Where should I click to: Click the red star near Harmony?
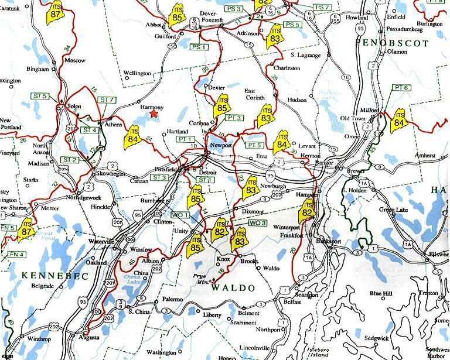[x=154, y=115]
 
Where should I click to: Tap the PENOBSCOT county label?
[x=393, y=43]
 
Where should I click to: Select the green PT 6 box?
[x=401, y=87]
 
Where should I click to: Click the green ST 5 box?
[x=40, y=96]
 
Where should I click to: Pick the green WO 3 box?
[x=257, y=223]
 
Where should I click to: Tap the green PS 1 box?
[x=200, y=47]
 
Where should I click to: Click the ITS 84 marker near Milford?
[x=399, y=121]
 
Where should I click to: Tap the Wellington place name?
[x=137, y=73]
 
